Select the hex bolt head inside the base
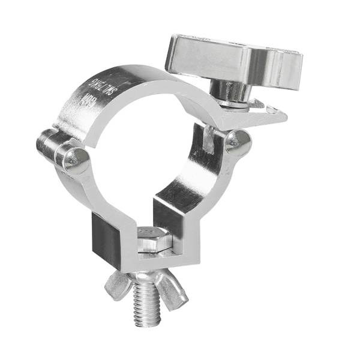click(153, 240)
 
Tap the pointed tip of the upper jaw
click(282, 113)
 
